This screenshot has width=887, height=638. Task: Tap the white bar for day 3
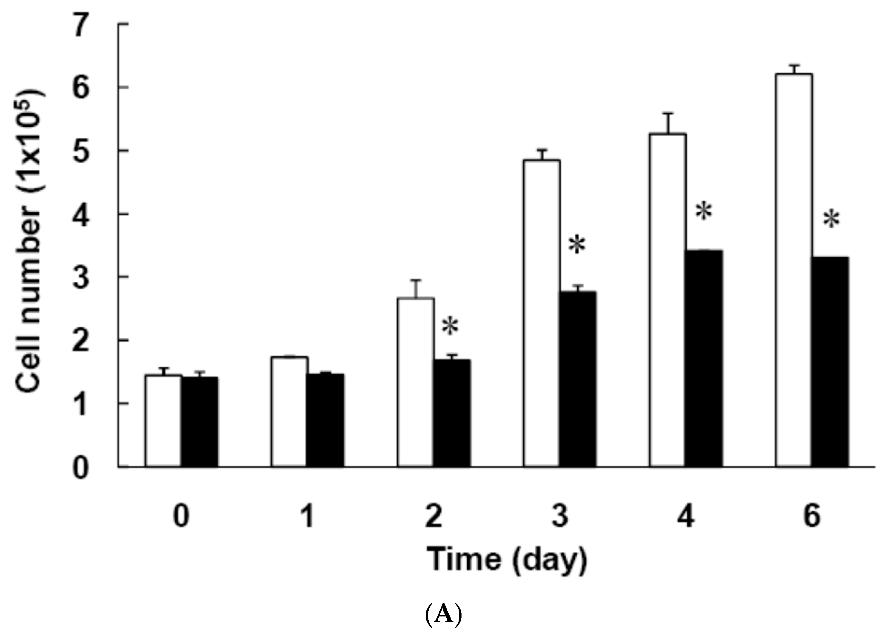click(542, 313)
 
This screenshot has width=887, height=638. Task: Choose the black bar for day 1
click(325, 420)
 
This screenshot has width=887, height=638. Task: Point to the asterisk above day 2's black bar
click(450, 326)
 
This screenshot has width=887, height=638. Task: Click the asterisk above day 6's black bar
click(831, 220)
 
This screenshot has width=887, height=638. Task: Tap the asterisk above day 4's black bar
click(704, 212)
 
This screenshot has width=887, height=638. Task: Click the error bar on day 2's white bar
click(416, 289)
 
